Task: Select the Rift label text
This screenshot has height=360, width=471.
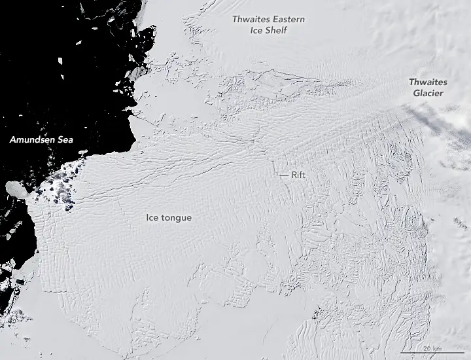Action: [299, 175]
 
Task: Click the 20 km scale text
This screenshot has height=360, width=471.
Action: [432, 347]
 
